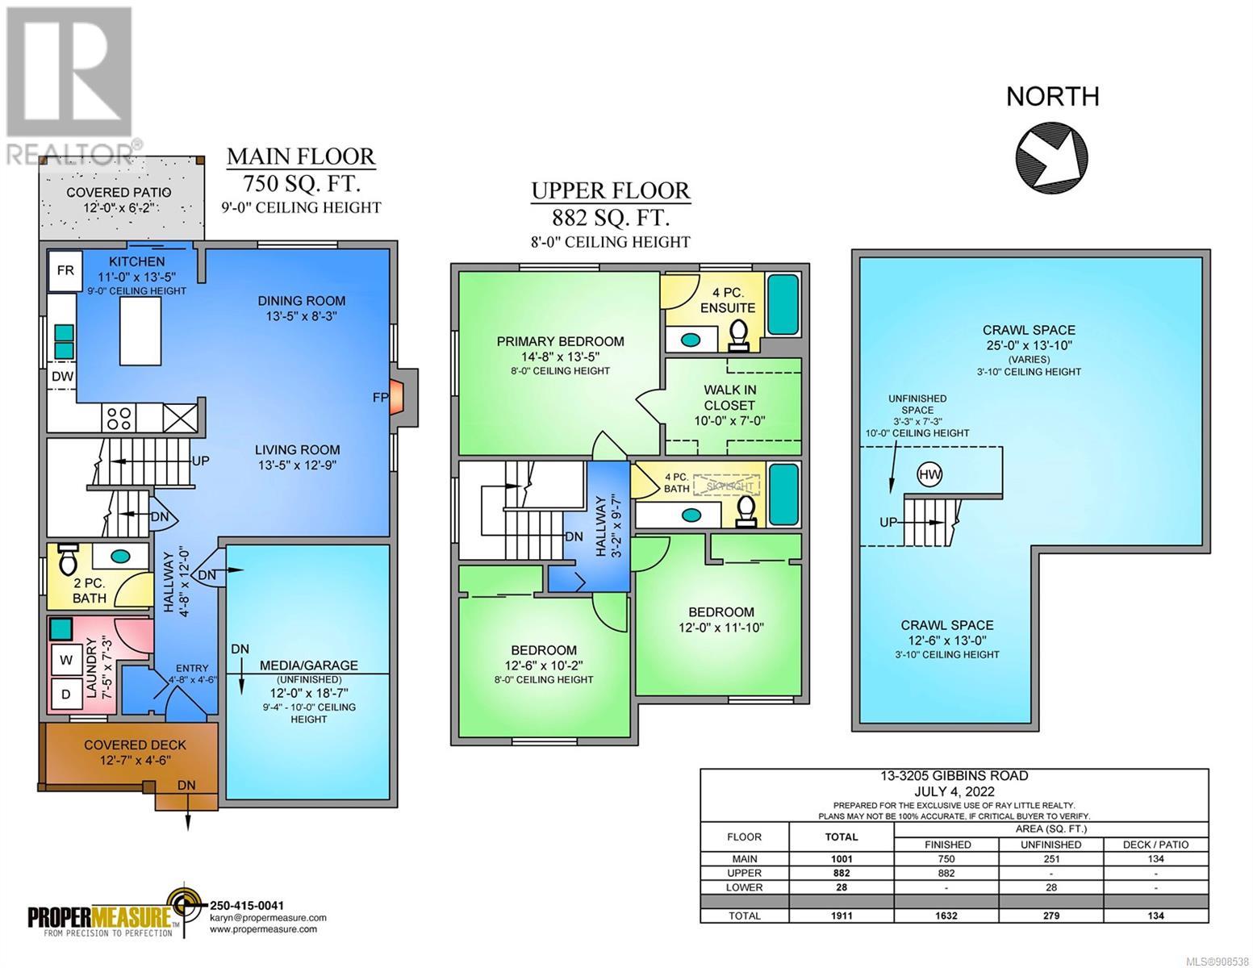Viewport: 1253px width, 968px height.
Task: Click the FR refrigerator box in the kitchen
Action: tap(65, 270)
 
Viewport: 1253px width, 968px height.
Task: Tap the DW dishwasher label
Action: tap(62, 377)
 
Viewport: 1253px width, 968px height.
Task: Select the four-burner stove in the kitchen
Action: tap(119, 418)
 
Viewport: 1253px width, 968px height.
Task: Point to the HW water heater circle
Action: tap(929, 474)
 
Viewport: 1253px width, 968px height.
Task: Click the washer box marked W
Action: tap(65, 661)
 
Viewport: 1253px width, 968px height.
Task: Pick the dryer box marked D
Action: tap(65, 695)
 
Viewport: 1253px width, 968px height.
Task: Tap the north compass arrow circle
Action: tap(1051, 157)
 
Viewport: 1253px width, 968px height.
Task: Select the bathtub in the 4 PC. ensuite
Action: tap(783, 305)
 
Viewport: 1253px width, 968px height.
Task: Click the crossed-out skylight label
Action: tap(729, 486)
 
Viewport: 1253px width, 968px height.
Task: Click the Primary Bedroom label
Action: tap(560, 341)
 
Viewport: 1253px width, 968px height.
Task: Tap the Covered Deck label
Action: tap(135, 745)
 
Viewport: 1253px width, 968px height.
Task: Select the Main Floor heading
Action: tap(301, 156)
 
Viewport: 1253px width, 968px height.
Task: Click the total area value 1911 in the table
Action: tap(842, 915)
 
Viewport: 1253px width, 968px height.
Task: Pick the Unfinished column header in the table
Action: tap(1050, 844)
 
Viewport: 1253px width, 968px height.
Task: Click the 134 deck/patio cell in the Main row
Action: tap(1155, 858)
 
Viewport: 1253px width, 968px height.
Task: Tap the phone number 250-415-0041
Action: tap(247, 906)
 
